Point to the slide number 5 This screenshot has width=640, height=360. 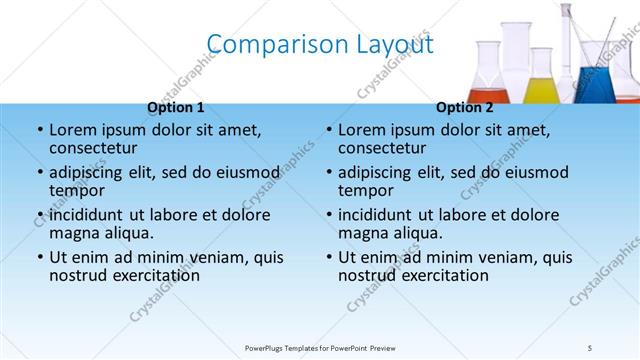(590, 348)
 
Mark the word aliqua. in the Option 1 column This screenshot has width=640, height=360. (124, 233)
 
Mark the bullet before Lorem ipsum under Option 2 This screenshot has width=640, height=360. (328, 131)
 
